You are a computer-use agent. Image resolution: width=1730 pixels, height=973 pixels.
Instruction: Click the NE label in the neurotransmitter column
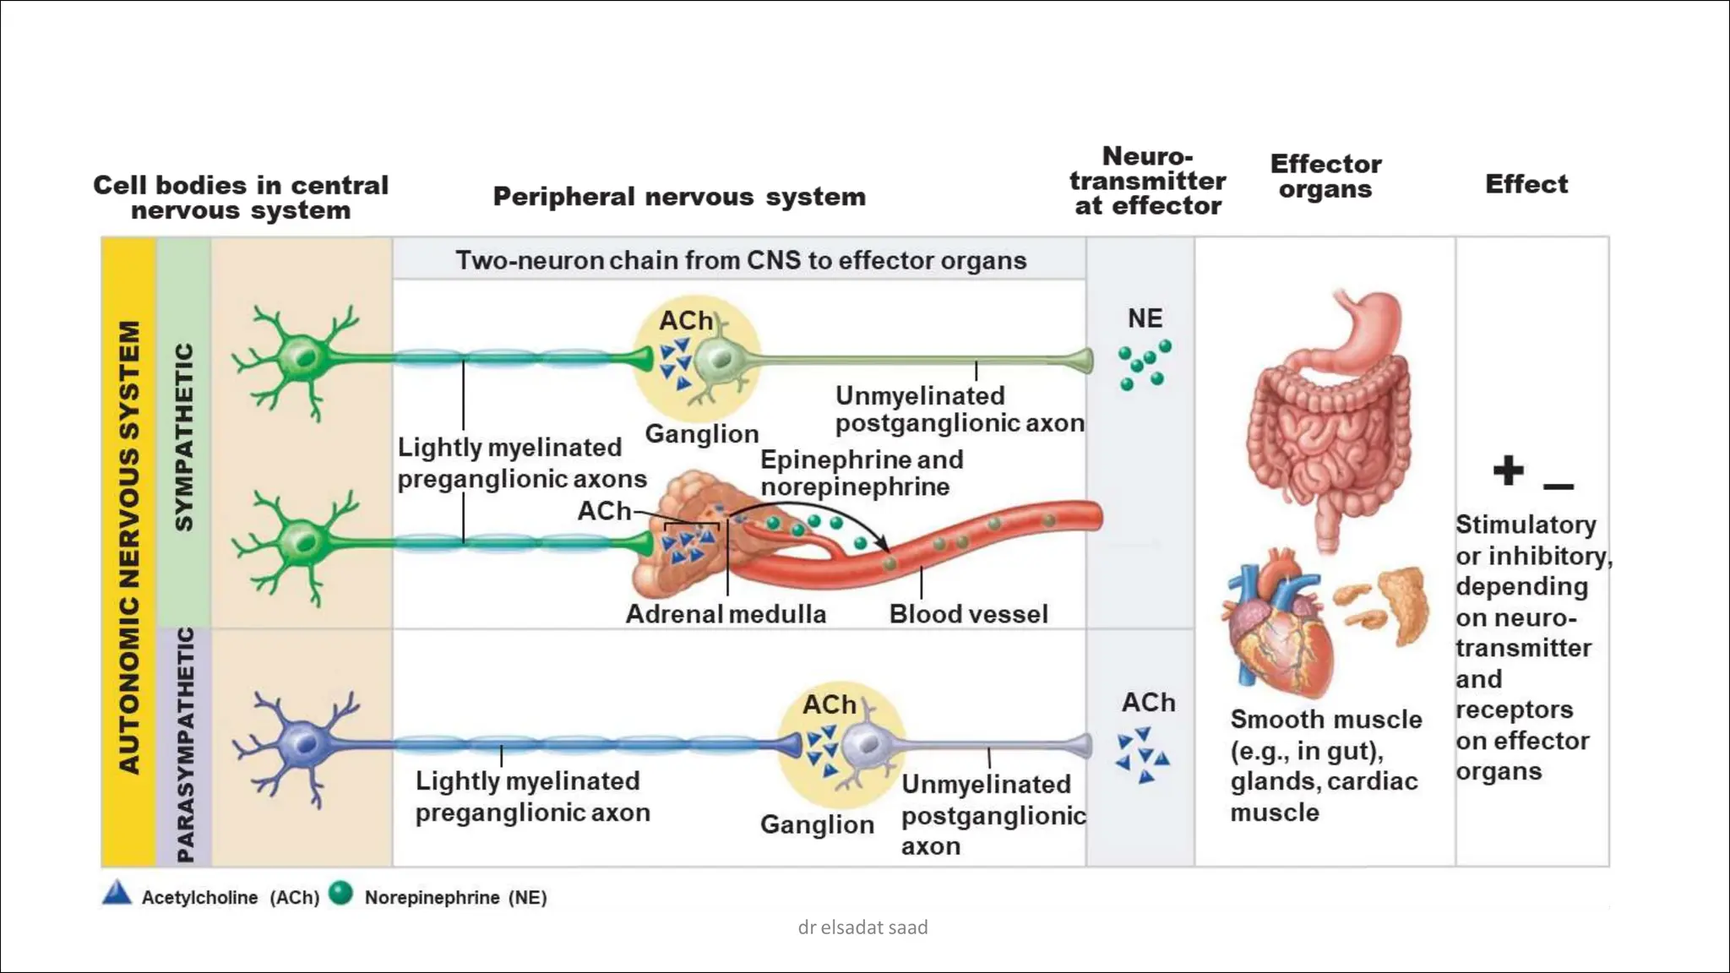coord(1145,318)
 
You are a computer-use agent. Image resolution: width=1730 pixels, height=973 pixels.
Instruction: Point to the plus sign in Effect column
coord(1508,470)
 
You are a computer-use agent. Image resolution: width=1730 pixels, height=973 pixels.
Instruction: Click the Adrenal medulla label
coord(726,614)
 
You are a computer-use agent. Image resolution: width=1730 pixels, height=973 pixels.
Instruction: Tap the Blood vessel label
coord(968,614)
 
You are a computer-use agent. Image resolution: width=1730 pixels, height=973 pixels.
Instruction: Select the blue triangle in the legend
coord(117,894)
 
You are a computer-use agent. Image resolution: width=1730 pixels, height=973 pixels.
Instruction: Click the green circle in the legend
coord(340,893)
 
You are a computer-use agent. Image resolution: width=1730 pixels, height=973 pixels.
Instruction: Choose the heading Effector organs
coord(1325,176)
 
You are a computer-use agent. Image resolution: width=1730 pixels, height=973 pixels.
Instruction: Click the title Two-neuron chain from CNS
coord(740,260)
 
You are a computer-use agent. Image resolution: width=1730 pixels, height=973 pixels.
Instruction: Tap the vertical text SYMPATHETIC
coord(184,437)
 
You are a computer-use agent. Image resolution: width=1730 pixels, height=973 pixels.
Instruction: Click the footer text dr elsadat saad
coord(862,927)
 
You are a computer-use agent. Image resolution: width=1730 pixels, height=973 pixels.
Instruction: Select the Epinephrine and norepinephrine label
coord(861,473)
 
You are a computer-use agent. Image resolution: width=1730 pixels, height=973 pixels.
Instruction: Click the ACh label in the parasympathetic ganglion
coord(829,704)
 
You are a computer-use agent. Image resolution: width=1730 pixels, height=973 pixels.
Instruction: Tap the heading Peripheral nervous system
coord(679,197)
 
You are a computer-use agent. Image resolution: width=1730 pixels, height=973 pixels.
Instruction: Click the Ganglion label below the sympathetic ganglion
coord(701,434)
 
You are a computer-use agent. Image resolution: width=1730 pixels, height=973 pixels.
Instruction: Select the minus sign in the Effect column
coord(1558,486)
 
